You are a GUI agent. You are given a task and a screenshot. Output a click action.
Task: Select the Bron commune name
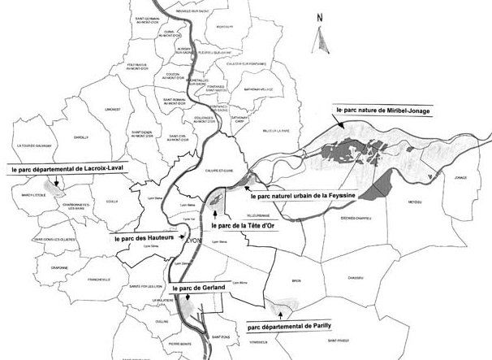(296, 281)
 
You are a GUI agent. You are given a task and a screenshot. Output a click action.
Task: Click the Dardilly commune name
(81, 138)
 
